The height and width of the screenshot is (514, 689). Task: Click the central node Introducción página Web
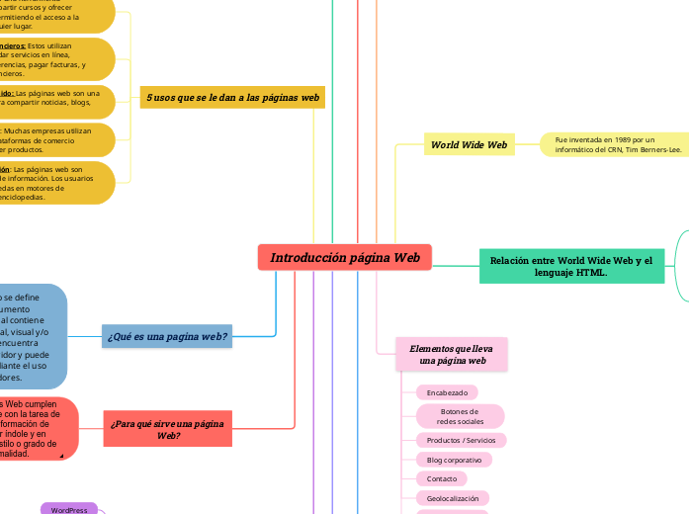tap(345, 257)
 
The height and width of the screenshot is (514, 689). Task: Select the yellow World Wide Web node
tap(469, 145)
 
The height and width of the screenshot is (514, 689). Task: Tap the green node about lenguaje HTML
tap(570, 265)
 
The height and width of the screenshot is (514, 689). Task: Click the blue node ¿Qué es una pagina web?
tap(166, 336)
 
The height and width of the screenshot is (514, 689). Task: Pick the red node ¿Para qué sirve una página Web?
tap(167, 429)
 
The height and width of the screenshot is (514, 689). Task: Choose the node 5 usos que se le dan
tap(232, 98)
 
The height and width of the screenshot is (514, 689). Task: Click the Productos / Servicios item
tap(460, 440)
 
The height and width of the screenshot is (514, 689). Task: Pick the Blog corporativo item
tap(454, 460)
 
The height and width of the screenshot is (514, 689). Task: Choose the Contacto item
tap(441, 478)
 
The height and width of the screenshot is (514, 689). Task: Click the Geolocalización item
tap(452, 498)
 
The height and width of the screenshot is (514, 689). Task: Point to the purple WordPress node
tap(69, 509)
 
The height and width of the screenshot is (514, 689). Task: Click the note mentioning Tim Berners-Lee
tap(613, 145)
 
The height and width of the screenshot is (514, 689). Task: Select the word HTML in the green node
tap(590, 272)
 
